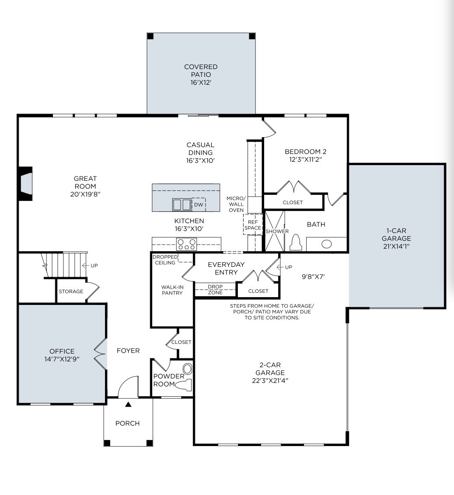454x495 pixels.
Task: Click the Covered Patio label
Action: coord(201,71)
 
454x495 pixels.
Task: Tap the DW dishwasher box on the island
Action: coord(199,204)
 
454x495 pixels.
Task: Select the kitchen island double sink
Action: coord(182,204)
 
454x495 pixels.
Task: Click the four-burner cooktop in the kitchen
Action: coord(186,244)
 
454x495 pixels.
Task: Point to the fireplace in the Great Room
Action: coord(25,183)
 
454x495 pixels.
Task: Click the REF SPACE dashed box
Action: coord(253,225)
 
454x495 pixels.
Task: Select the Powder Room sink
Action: coord(188,369)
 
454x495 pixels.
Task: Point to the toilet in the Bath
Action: coord(296,242)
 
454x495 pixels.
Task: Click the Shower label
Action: coord(277,231)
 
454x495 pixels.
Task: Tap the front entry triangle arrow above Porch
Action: coord(128,405)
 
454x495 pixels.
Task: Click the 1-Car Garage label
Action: coord(396,235)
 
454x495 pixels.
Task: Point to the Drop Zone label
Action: coord(215,289)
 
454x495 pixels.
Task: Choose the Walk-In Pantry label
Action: coord(172,290)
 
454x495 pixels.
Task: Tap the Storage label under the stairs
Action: coord(71,291)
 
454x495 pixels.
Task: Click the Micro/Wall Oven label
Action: coord(236,204)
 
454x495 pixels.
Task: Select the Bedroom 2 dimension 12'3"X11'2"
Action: coord(305,160)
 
